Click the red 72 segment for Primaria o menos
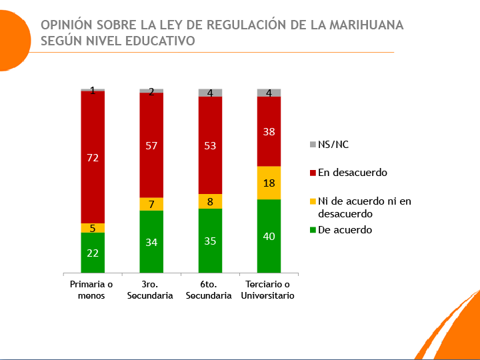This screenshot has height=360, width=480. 93,157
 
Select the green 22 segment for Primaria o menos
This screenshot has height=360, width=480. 93,253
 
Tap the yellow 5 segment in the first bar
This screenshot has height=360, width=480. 93,228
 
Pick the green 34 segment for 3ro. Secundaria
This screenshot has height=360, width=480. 151,241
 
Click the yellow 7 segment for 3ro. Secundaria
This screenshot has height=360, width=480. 151,204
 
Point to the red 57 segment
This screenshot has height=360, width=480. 151,145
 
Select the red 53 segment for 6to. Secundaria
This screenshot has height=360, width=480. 210,145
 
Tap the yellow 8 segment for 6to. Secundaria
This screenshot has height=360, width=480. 210,201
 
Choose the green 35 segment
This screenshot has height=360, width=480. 210,241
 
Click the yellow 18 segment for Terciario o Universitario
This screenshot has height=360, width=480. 269,183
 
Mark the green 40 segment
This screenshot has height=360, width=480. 269,236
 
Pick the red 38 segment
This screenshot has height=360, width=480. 269,131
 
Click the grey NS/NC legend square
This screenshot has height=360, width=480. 313,144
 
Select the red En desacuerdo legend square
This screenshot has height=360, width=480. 313,173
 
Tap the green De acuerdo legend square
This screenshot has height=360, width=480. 313,230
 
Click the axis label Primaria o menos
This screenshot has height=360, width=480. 92,291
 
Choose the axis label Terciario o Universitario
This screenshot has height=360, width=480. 269,291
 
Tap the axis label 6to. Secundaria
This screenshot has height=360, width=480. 210,291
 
